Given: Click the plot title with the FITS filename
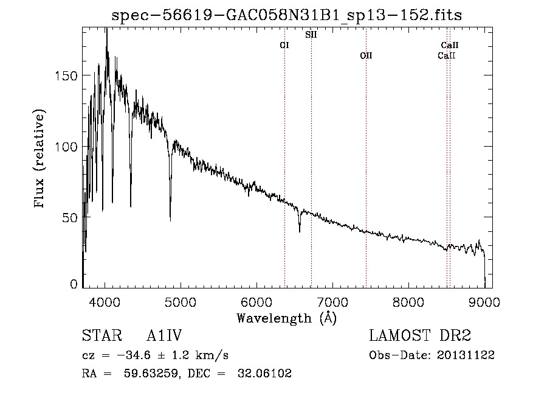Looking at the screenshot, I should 287,15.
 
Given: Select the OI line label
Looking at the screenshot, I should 284,45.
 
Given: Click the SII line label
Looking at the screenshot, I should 311,35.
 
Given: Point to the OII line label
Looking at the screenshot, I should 365,55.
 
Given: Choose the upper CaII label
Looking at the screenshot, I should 449,45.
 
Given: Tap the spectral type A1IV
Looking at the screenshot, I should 164,336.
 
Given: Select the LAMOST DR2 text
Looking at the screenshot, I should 420,336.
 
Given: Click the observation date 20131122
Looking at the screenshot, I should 466,355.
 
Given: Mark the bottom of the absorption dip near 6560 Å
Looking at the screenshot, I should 300,231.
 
